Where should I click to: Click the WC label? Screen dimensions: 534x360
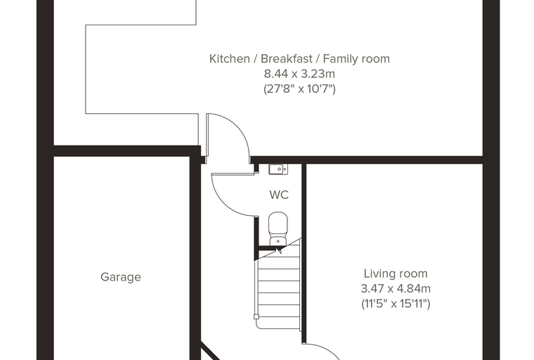(279, 195)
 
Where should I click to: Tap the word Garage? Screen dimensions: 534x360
(121, 277)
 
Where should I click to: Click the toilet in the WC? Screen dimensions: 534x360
(278, 229)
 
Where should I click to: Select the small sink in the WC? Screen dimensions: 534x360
(278, 169)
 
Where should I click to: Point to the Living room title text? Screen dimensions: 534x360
(396, 274)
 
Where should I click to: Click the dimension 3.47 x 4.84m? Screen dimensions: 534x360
(396, 288)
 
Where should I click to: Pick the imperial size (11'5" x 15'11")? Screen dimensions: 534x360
(396, 304)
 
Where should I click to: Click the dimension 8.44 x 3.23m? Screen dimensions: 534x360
(299, 74)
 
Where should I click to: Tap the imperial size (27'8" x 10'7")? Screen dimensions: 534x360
(300, 89)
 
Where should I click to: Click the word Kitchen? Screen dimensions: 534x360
(229, 58)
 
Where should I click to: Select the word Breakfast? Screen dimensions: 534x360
(287, 58)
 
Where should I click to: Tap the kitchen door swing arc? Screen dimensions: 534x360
(239, 127)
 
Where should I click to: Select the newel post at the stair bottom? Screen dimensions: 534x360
(256, 316)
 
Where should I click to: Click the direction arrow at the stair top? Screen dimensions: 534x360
(279, 251)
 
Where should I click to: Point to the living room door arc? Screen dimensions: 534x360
(323, 349)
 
